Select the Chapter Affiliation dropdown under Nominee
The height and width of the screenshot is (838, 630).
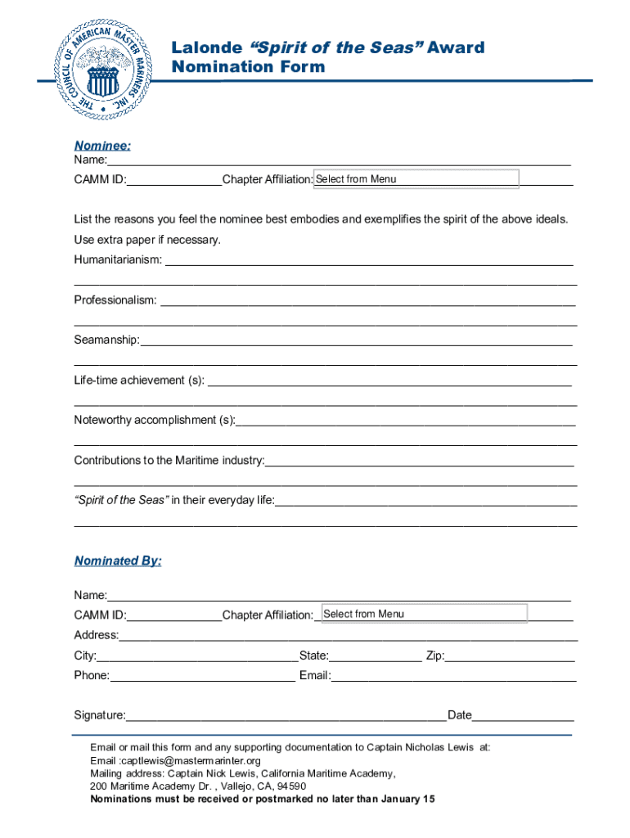[x=416, y=178]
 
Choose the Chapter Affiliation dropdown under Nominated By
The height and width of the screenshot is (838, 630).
[x=424, y=614]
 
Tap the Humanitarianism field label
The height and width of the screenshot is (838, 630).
[x=118, y=259]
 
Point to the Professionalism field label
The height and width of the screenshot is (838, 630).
[x=115, y=300]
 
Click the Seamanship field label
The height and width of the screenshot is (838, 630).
[x=106, y=340]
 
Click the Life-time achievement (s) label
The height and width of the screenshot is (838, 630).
[x=139, y=381]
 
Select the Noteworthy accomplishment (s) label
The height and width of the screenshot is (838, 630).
[x=154, y=420]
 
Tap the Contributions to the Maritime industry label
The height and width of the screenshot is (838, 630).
[x=169, y=460]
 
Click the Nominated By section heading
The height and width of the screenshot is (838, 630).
[x=118, y=561]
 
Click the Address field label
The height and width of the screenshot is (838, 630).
[x=96, y=635]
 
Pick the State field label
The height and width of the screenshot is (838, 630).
[x=314, y=656]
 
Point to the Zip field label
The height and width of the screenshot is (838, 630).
[x=434, y=656]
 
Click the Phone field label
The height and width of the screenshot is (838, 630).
[x=92, y=675]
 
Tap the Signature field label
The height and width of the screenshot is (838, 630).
[x=100, y=715]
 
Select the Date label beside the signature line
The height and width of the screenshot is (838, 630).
[x=460, y=715]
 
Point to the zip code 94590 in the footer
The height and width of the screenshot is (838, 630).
[x=291, y=786]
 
